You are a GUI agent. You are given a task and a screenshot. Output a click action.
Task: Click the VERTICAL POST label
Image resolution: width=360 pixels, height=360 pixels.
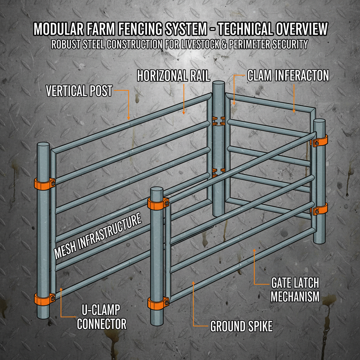tap(79, 91)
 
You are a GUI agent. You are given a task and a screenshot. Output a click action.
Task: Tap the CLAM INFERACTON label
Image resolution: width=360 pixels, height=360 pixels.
tap(288, 76)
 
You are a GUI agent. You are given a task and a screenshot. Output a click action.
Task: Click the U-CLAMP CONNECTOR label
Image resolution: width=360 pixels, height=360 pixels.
tap(102, 317)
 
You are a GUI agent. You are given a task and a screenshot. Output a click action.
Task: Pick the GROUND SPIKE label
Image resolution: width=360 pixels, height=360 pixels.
tap(241, 326)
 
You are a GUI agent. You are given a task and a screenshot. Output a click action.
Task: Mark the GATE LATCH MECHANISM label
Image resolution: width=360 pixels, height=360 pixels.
tap(295, 289)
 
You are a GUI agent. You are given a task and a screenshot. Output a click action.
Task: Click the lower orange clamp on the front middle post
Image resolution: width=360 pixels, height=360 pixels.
tap(157, 303)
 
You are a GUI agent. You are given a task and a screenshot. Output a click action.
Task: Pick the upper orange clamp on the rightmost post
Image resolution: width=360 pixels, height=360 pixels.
tap(320, 141)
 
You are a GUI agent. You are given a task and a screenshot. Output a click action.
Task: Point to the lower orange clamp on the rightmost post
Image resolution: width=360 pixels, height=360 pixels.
tap(320, 210)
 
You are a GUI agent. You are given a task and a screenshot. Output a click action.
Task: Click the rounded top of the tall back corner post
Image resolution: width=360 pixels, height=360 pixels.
tap(218, 84)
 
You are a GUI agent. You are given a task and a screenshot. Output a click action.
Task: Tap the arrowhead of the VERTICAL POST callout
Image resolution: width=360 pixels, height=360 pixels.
tap(129, 119)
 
